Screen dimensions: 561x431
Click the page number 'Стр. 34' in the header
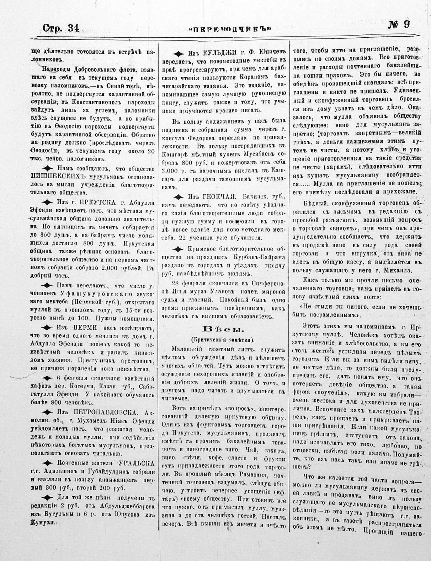(60, 28)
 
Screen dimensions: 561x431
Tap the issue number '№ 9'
(399, 25)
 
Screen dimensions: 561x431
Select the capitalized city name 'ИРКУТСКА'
(97, 203)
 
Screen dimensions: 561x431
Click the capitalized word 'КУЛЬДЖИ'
(217, 53)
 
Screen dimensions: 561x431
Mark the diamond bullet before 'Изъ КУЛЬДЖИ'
(178, 54)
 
